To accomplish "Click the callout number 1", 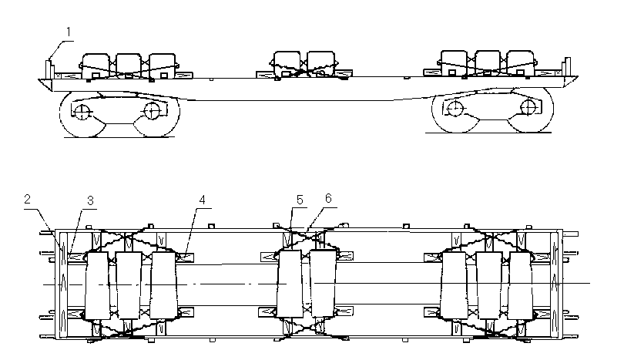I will click(69, 32).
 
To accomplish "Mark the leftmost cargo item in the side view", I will click(97, 65).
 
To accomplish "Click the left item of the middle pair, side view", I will click(287, 62).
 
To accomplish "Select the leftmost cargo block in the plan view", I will click(97, 284).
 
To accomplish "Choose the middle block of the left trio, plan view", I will click(127, 284).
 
